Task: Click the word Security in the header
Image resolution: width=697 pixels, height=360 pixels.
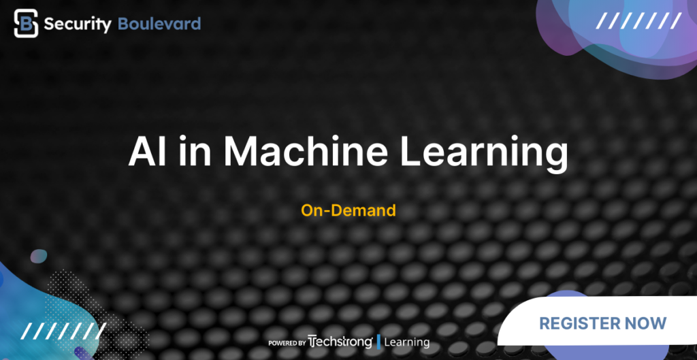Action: pos(77,24)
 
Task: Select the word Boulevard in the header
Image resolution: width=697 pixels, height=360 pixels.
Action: pos(159,24)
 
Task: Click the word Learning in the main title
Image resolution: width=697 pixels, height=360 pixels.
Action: pos(483,154)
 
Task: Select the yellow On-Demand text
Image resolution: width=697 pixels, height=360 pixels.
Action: pos(348,210)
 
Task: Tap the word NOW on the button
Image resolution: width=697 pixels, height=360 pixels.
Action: pos(647,323)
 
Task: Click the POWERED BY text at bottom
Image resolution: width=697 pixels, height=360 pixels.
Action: pos(287,343)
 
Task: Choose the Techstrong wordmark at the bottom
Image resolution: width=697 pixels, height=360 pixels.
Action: pos(340,342)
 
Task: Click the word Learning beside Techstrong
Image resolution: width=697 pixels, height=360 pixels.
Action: pos(407,342)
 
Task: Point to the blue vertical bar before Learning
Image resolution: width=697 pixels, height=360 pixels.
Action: pos(378,342)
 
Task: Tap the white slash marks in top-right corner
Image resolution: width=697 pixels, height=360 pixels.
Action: pos(638,22)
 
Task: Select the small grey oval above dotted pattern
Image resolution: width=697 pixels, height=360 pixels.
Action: pos(39,257)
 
